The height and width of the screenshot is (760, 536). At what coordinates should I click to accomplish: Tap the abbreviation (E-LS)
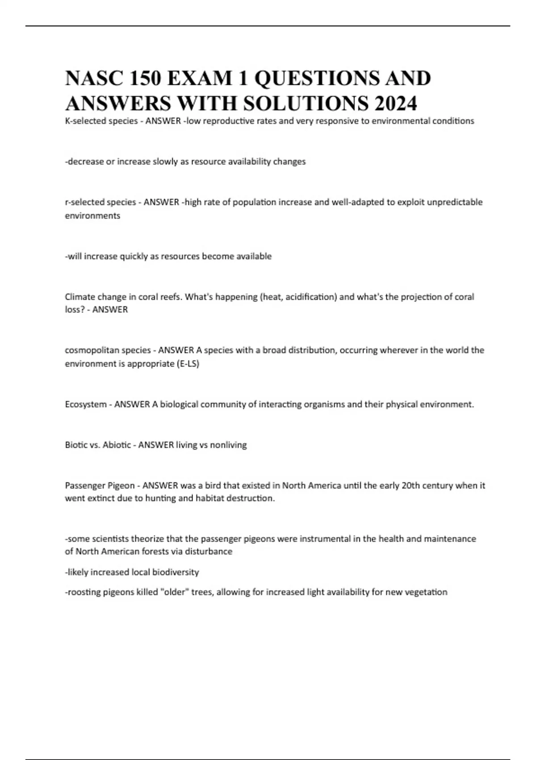pyautogui.click(x=188, y=363)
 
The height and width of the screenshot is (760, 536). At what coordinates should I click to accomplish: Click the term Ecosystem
pyautogui.click(x=85, y=405)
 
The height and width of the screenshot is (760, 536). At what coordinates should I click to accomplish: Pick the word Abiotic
pyautogui.click(x=117, y=445)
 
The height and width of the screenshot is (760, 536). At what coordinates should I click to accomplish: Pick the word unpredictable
pyautogui.click(x=454, y=202)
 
